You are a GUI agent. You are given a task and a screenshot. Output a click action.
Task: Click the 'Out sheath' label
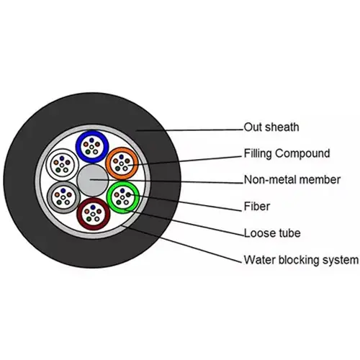point(271,127)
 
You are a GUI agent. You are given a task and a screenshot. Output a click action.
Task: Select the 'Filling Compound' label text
point(287,153)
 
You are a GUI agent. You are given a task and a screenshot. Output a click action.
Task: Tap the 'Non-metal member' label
point(292,180)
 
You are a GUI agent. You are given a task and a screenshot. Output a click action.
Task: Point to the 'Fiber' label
point(257,207)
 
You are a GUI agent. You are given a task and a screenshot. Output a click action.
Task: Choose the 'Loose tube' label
point(272,233)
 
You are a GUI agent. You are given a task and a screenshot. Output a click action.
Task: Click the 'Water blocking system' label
point(301,260)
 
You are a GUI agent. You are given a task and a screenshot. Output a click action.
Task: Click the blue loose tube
point(92,133)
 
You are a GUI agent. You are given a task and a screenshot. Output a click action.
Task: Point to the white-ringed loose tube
point(62,150)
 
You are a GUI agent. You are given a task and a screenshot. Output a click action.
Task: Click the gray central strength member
point(93,180)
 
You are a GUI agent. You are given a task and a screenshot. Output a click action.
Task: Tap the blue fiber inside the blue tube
point(91,140)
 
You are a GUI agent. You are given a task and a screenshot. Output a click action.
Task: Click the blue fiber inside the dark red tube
point(93,207)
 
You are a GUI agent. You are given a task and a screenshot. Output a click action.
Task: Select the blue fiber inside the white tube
point(62,158)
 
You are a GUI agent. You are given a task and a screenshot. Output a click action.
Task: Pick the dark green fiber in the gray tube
point(59,202)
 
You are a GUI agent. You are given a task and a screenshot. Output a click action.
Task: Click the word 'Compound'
point(302,153)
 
